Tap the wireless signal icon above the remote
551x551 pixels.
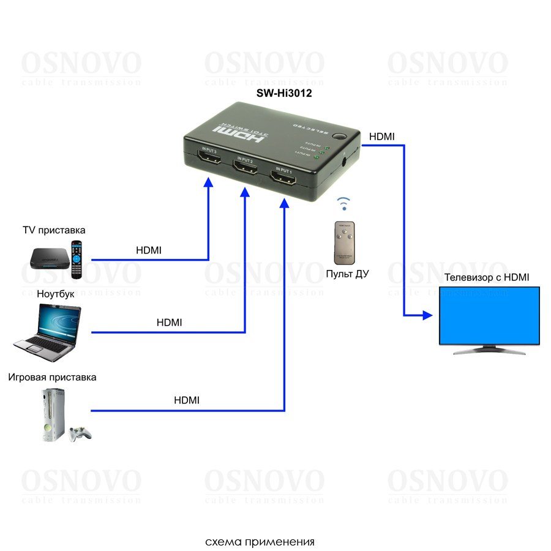[344, 203]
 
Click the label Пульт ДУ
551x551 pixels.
[347, 274]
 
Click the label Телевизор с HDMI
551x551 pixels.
[487, 277]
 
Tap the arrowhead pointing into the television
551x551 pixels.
[427, 316]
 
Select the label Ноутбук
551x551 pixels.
[56, 294]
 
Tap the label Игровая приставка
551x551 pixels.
[52, 377]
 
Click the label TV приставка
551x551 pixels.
[54, 231]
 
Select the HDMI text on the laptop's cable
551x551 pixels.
[169, 322]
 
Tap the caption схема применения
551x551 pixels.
[260, 542]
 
